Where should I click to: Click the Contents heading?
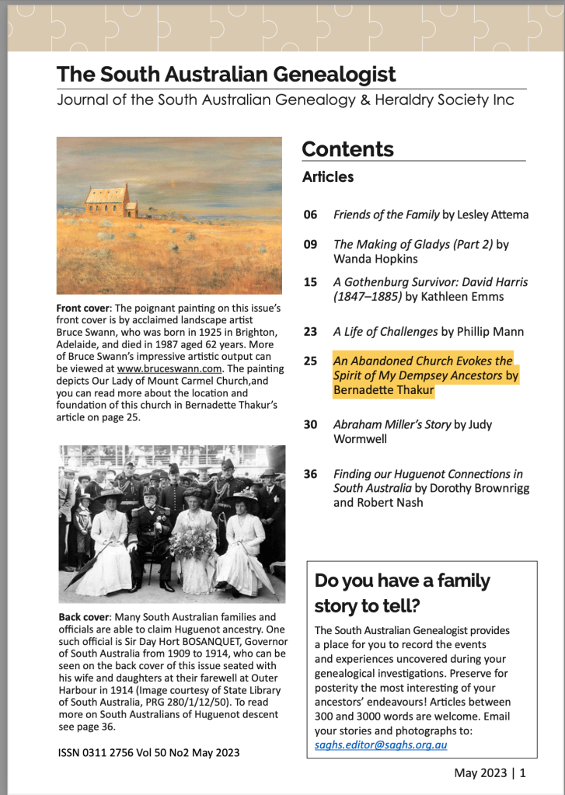pos(347,149)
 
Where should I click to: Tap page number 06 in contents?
pos(310,215)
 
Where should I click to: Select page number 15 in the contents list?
pos(310,282)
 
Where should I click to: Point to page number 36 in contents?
pos(310,474)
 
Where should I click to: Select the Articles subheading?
pos(328,177)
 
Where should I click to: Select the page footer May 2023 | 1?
pos(490,773)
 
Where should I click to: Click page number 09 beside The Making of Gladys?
pos(310,245)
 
